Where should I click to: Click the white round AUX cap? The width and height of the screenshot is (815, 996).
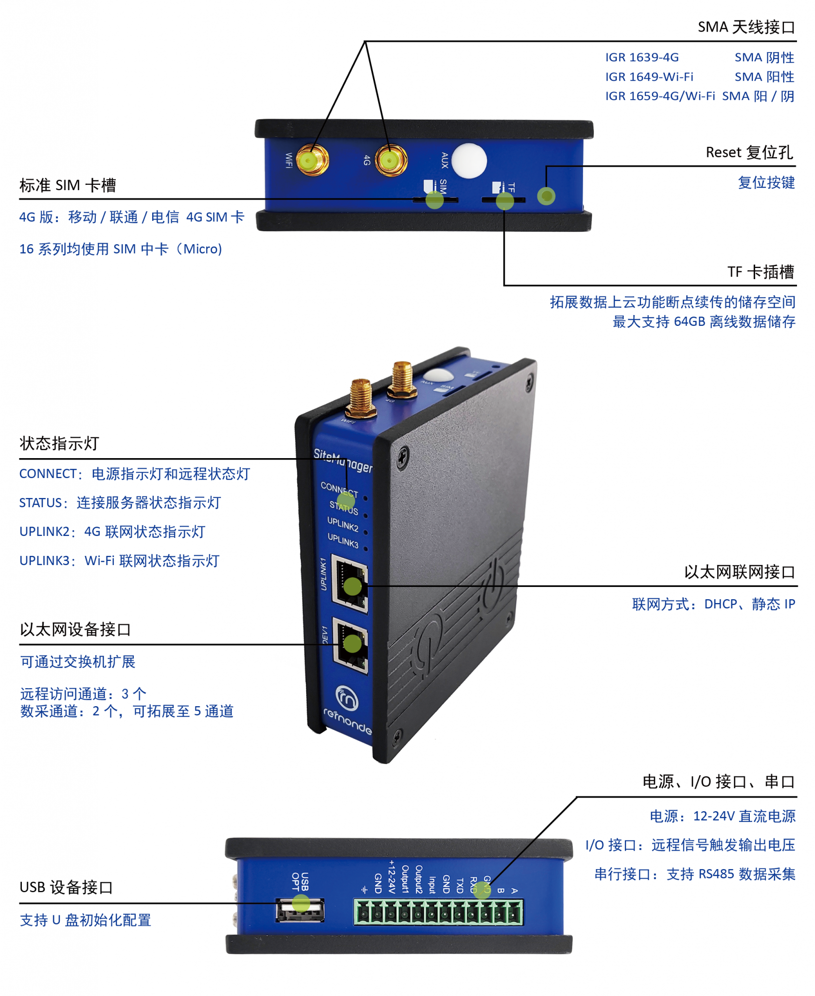pyautogui.click(x=469, y=160)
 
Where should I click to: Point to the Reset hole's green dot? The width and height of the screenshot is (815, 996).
pyautogui.click(x=546, y=196)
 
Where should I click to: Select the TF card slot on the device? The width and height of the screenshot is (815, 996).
pyautogui.click(x=503, y=200)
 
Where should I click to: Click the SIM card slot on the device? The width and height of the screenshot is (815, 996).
pyautogui.click(x=435, y=200)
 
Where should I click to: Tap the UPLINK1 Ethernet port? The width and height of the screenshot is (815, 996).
pyautogui.click(x=349, y=584)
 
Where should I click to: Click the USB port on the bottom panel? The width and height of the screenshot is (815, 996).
pyautogui.click(x=300, y=910)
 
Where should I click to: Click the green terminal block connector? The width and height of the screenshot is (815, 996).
pyautogui.click(x=439, y=912)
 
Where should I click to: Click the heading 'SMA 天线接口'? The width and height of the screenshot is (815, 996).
pyautogui.click(x=746, y=27)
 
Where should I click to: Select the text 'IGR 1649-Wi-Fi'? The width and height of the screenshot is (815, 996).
pyautogui.click(x=649, y=77)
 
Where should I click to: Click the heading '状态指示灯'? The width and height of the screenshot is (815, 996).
pyautogui.click(x=59, y=443)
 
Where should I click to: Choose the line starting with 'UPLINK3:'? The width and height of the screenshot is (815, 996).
pyautogui.click(x=120, y=561)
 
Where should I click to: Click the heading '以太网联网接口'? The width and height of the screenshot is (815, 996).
pyautogui.click(x=739, y=572)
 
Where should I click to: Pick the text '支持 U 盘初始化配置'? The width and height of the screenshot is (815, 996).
pyautogui.click(x=86, y=920)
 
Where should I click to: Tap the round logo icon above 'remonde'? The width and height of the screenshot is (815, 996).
pyautogui.click(x=347, y=698)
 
